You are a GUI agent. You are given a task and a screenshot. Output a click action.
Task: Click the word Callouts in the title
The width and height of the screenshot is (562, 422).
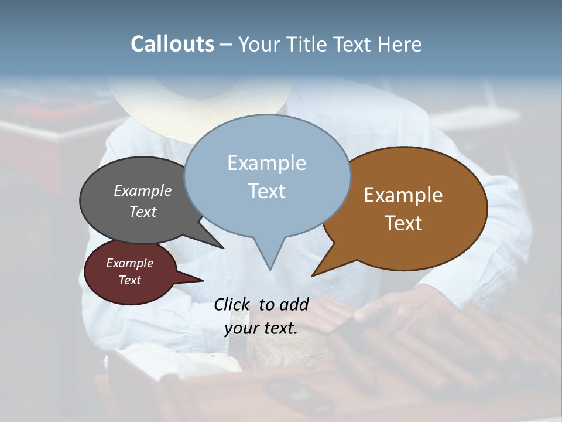pyautogui.click(x=172, y=44)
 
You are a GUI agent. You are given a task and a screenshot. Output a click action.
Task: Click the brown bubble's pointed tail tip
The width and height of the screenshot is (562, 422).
pyautogui.click(x=313, y=275)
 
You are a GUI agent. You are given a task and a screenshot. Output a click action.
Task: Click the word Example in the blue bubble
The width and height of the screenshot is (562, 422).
pyautogui.click(x=266, y=163)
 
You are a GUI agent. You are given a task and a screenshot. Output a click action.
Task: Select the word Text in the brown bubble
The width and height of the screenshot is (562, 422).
pyautogui.click(x=403, y=223)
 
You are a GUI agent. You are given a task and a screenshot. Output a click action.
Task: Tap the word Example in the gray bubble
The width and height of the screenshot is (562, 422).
pyautogui.click(x=143, y=191)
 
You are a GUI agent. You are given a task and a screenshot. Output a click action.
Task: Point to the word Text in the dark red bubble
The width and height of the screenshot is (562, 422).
pyautogui.click(x=130, y=280)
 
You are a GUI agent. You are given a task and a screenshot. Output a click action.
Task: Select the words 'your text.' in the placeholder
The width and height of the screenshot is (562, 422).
pyautogui.click(x=261, y=329)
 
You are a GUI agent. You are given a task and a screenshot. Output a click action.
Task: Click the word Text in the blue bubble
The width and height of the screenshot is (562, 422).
pyautogui.click(x=266, y=191)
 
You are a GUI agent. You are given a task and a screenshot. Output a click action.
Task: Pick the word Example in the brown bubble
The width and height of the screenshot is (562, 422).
pyautogui.click(x=403, y=195)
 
